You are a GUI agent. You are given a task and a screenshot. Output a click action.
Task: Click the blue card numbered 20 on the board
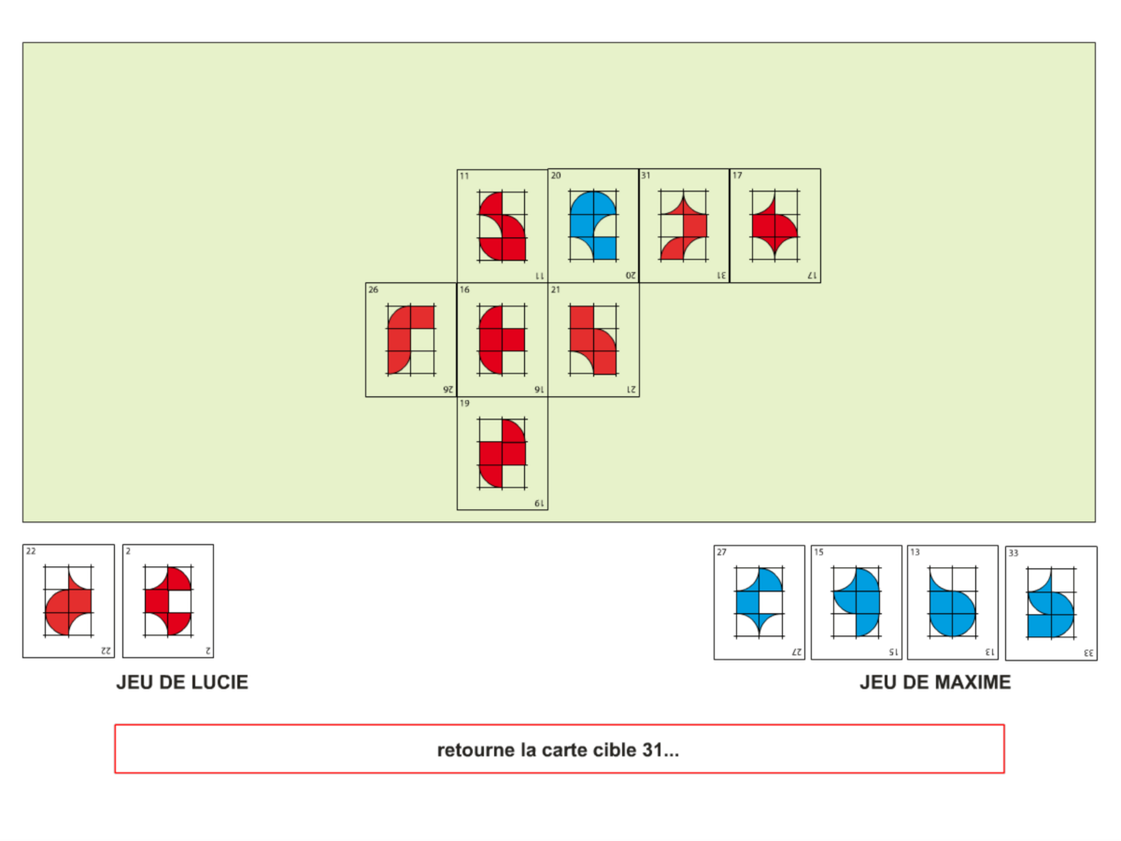[593, 226]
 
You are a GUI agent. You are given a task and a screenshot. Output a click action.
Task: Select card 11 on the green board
[502, 226]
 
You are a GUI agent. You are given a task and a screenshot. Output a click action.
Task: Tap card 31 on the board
[684, 226]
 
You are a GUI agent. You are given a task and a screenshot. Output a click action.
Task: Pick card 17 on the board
[774, 226]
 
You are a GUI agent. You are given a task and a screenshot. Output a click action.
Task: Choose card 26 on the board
[411, 340]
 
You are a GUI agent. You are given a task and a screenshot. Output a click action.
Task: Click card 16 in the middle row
[502, 340]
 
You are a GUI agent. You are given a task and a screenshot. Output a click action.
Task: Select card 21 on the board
[593, 340]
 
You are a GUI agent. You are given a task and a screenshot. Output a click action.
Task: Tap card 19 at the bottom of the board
[502, 454]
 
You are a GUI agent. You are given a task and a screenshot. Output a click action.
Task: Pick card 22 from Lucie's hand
[68, 602]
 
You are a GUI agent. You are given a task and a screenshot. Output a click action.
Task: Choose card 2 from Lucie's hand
[168, 602]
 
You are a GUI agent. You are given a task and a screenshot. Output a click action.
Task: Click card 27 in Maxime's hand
[759, 603]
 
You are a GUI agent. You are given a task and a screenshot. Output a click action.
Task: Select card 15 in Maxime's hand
[856, 603]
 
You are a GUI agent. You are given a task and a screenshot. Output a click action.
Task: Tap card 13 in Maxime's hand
[953, 603]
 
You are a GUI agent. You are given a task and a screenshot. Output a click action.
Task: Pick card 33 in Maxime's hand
[1051, 604]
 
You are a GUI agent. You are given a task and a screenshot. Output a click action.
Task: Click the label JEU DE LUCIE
[182, 683]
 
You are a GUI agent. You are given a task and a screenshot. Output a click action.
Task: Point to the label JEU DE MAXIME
[935, 683]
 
